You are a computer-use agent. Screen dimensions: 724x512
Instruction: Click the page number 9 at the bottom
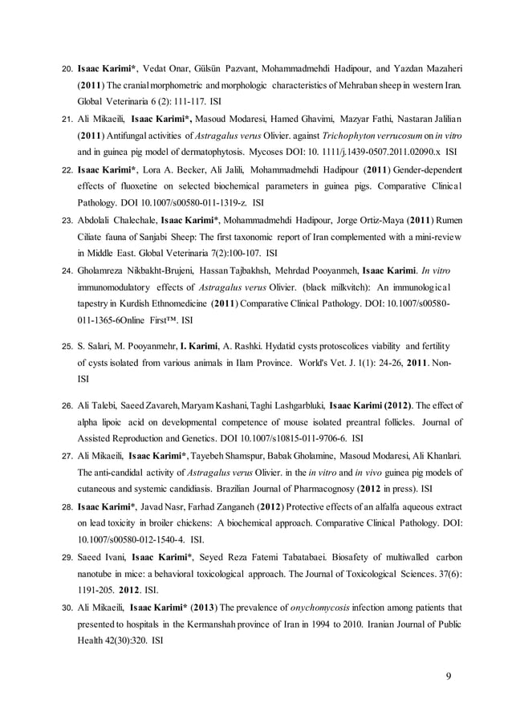(447, 674)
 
